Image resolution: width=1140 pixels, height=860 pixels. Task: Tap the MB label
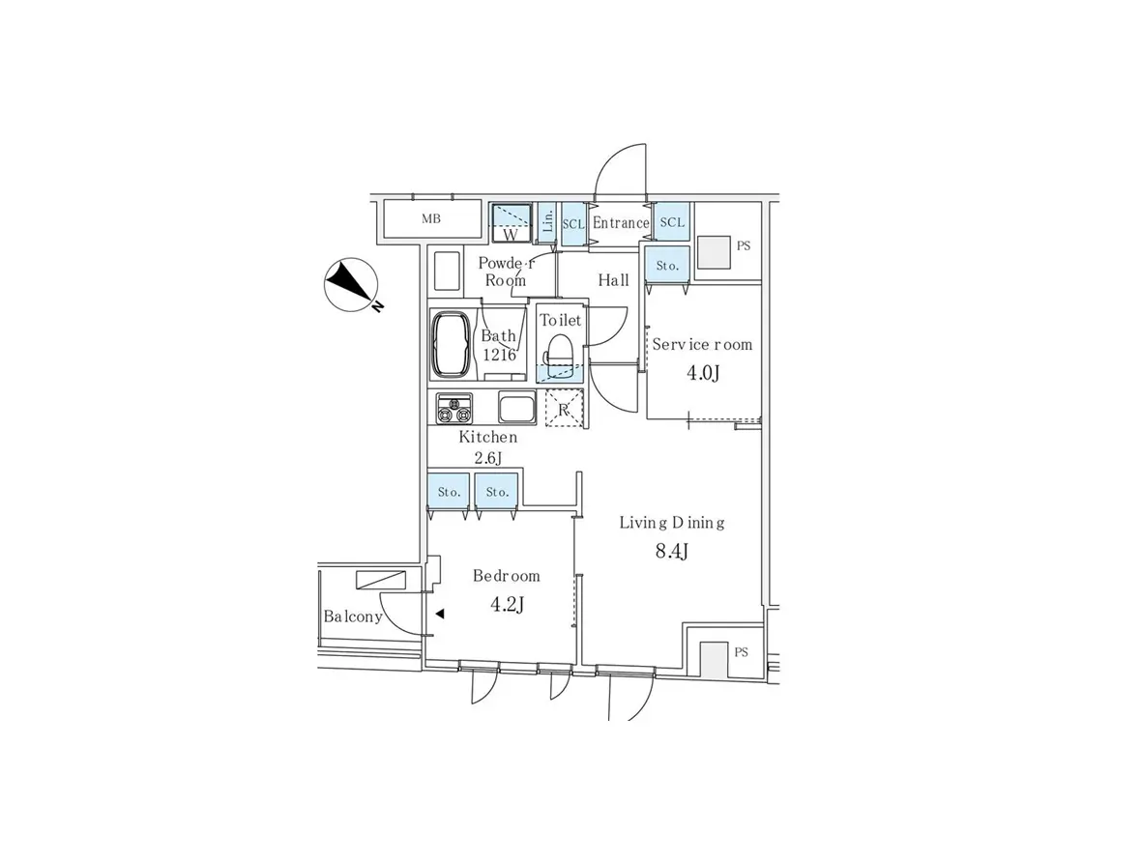coord(431,218)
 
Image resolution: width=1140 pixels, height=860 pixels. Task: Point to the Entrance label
coord(621,223)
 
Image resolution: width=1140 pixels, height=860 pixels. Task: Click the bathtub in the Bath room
coord(451,346)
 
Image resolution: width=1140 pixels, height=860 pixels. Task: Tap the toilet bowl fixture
coord(561,354)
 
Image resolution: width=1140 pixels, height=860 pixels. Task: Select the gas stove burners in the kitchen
coord(454,408)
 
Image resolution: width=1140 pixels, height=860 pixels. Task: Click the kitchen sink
coord(517,408)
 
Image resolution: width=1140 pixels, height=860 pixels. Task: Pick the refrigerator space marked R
coord(564,408)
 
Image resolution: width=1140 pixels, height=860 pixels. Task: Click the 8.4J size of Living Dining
coord(672,552)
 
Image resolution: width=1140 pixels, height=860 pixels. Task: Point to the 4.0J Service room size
coord(703,373)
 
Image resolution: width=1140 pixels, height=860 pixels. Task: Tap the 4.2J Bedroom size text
coord(508,604)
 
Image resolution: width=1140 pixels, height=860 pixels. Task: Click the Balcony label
coord(353,616)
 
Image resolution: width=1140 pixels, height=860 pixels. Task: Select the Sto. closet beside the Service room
coord(667,266)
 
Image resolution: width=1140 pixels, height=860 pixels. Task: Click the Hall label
coord(614,280)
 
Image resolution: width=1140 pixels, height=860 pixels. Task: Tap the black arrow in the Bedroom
coord(440,615)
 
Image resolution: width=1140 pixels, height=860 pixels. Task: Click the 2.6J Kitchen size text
coord(488,458)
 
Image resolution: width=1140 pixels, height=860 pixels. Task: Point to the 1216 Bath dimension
coord(500,356)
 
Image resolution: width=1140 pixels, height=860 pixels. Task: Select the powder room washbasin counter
coord(447,272)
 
